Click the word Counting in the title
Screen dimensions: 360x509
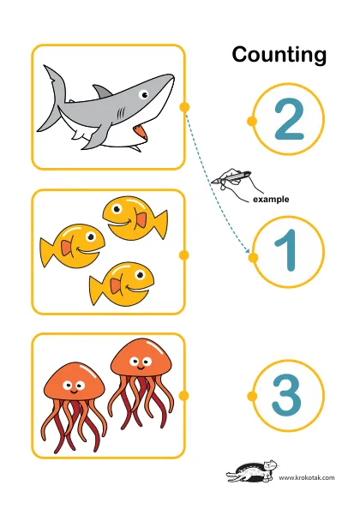click(279, 55)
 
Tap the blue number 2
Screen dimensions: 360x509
click(289, 119)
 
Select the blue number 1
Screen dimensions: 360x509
click(287, 250)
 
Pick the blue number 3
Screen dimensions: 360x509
click(287, 395)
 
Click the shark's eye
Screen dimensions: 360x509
click(143, 95)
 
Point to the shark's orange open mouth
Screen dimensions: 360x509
click(141, 132)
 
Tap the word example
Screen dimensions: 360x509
click(271, 199)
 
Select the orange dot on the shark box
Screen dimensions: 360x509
click(184, 107)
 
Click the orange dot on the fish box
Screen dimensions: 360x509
click(184, 255)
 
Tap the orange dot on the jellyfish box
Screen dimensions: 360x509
click(184, 396)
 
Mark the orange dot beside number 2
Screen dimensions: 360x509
click(252, 121)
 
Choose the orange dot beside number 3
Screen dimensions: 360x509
click(252, 396)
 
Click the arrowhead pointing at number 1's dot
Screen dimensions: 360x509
click(248, 251)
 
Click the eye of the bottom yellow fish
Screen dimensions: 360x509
click(141, 275)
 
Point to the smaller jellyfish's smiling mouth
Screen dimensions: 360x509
click(74, 392)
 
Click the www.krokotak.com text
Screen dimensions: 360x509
click(307, 477)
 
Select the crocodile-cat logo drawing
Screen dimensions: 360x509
click(252, 471)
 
